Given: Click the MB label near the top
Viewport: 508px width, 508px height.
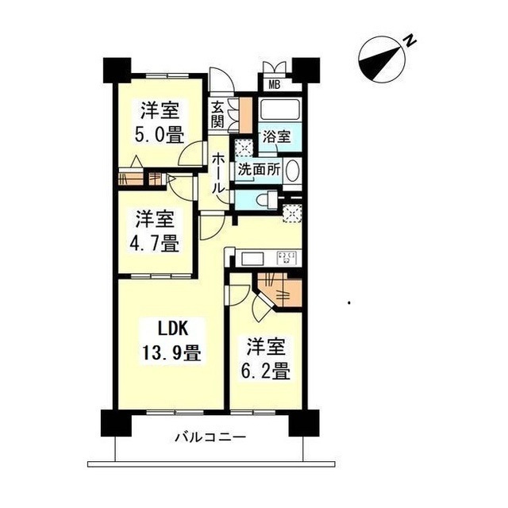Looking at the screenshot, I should click(274, 85).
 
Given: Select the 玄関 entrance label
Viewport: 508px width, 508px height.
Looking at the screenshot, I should click(218, 114).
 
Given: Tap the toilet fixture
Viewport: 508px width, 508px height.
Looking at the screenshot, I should click(262, 198).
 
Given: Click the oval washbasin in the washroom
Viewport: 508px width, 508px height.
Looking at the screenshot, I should click(291, 171).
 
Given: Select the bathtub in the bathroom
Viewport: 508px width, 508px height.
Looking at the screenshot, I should click(277, 111).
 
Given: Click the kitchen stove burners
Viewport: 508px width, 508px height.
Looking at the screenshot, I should click(287, 257).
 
